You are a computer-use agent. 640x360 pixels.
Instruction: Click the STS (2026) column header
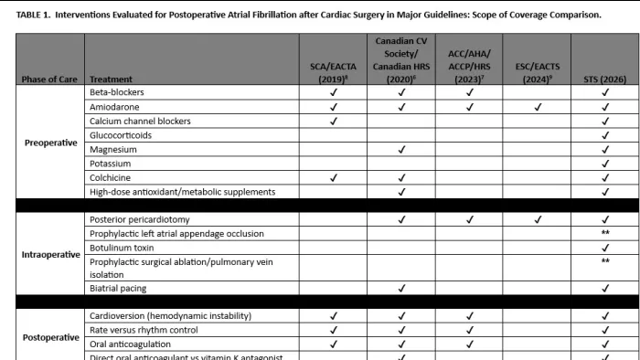(604, 79)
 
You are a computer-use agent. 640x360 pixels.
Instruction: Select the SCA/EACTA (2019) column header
(335, 72)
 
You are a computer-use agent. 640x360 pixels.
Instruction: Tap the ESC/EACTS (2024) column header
(537, 72)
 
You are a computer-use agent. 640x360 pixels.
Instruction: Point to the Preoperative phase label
(49, 143)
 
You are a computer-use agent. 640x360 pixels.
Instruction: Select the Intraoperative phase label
(49, 254)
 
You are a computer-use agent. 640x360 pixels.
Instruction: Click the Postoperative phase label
(49, 336)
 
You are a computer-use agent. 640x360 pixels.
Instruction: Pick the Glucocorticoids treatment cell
(121, 135)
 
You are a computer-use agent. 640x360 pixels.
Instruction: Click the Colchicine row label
(110, 177)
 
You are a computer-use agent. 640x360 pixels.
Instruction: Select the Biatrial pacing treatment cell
(119, 289)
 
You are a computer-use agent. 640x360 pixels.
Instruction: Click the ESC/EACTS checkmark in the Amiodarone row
(537, 107)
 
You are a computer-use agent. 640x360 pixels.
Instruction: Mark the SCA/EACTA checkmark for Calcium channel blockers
(335, 121)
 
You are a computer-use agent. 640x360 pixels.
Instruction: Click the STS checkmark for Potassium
(604, 164)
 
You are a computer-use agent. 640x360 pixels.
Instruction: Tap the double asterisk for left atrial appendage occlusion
(604, 234)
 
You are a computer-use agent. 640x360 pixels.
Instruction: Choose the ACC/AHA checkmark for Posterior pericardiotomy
(469, 219)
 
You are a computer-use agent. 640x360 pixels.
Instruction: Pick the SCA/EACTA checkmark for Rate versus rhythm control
(335, 330)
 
